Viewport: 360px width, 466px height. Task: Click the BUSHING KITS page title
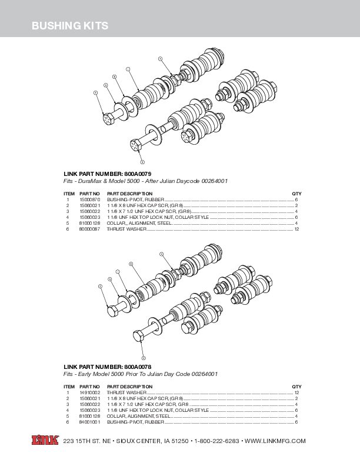[x=69, y=26]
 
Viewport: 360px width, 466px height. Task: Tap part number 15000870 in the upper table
[x=89, y=200]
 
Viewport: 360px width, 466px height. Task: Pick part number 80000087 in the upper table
[x=89, y=228]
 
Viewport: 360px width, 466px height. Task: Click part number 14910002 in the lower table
[x=89, y=392]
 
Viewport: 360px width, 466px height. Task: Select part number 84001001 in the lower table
[x=89, y=422]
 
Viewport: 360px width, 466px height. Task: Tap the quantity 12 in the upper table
[x=297, y=228]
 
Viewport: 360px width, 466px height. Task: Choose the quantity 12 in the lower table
[x=297, y=392]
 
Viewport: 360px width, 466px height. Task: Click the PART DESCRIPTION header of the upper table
[x=129, y=194]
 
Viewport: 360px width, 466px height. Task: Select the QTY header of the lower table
[x=296, y=386]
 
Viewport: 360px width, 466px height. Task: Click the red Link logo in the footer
[x=46, y=440]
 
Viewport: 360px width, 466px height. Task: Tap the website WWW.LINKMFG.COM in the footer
[x=275, y=441]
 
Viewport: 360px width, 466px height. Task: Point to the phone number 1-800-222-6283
[x=216, y=441]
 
